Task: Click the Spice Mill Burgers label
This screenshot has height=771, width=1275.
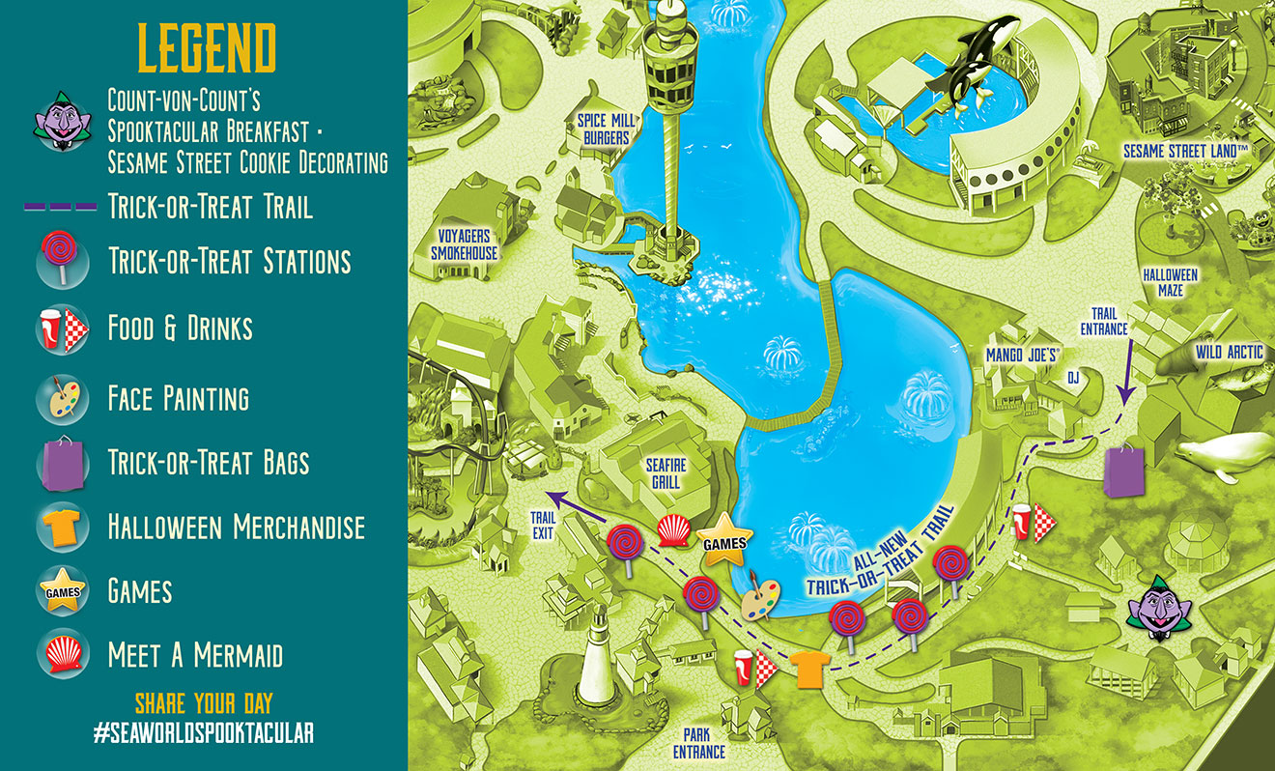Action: point(604,128)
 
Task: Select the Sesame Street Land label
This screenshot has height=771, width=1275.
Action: point(1186,152)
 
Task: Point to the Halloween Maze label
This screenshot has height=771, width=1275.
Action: point(1170,282)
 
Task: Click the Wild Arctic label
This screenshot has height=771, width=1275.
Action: point(1229,353)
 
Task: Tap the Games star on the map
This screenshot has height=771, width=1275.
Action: point(724,543)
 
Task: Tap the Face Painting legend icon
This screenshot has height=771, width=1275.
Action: point(63,397)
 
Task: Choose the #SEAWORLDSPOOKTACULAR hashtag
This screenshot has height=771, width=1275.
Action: point(204,732)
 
